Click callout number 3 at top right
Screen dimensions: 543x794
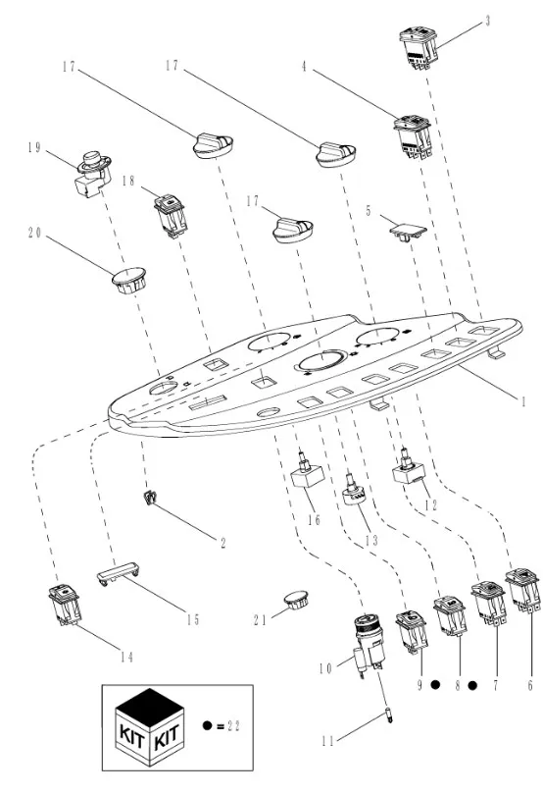(487, 22)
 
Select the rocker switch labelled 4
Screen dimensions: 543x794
(413, 136)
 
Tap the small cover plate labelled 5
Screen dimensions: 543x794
(408, 231)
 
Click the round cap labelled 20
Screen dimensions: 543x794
(129, 280)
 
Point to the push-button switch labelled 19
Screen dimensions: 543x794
(91, 174)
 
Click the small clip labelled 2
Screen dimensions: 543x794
(149, 499)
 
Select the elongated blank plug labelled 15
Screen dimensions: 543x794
(118, 573)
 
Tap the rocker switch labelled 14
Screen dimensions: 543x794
(66, 605)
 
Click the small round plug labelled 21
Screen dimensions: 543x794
(296, 600)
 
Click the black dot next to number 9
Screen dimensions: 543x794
(435, 685)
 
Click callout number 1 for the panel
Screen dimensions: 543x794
(524, 401)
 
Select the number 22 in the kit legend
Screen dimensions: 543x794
(233, 726)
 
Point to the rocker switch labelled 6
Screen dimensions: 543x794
(522, 590)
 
